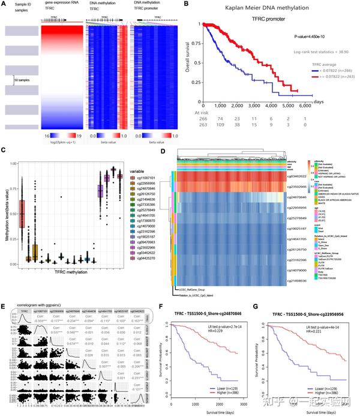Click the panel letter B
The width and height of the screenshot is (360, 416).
pos(186,5)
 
